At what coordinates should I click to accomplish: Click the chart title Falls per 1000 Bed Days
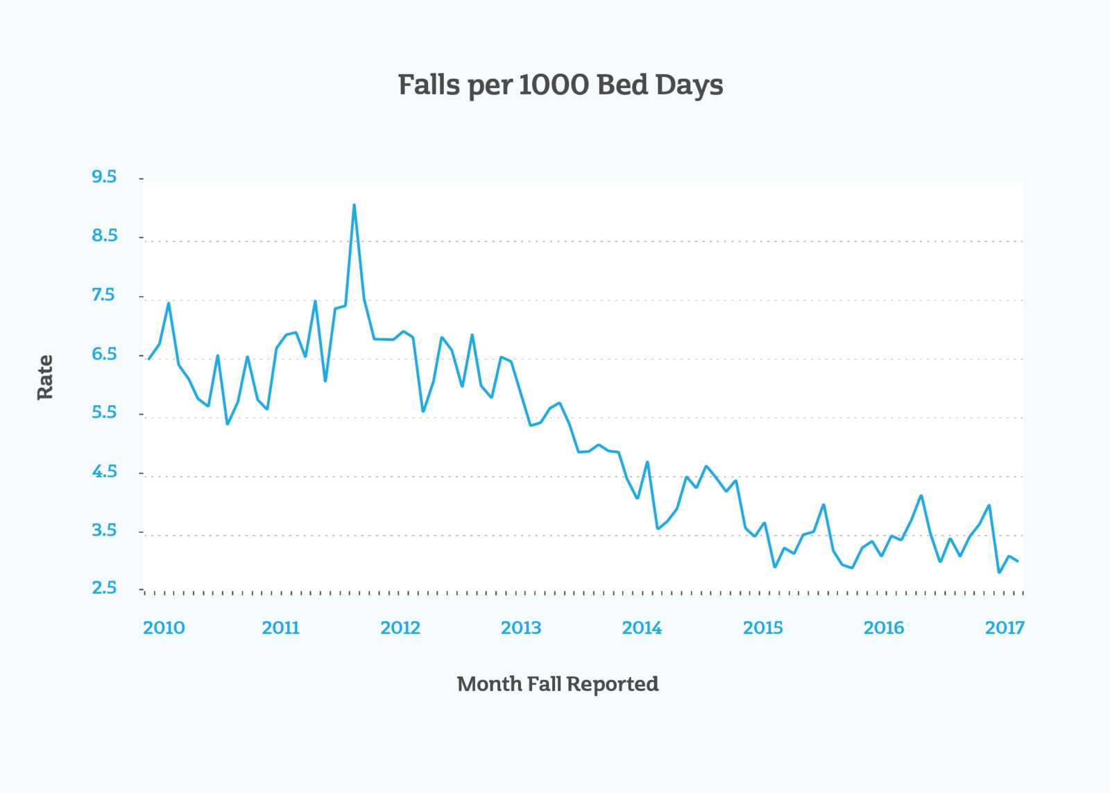[561, 85]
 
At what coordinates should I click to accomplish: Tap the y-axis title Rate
[45, 377]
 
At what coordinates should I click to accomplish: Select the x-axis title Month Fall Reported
[558, 685]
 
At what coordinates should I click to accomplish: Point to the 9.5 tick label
[104, 177]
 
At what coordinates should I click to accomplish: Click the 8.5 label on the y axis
[105, 235]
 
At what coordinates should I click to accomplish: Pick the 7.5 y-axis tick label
[103, 295]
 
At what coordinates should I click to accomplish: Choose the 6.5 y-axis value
[104, 354]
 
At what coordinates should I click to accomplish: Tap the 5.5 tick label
[104, 412]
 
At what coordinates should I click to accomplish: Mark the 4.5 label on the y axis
[105, 471]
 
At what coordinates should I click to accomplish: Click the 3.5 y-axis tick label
[104, 530]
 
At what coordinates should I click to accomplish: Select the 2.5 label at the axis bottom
[104, 588]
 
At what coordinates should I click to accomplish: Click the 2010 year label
[164, 628]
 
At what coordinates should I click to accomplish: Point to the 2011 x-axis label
[280, 628]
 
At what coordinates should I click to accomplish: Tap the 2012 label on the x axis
[400, 628]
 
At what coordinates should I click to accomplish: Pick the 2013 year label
[521, 628]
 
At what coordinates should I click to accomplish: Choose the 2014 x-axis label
[642, 628]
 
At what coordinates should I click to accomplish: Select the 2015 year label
[763, 628]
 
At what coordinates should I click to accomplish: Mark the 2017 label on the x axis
[1005, 628]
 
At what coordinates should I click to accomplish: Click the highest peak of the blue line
[354, 205]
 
